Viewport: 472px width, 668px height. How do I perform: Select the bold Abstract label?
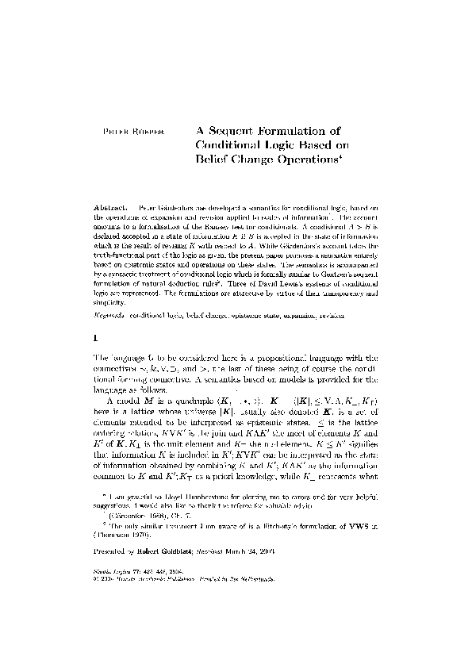click(110, 205)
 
